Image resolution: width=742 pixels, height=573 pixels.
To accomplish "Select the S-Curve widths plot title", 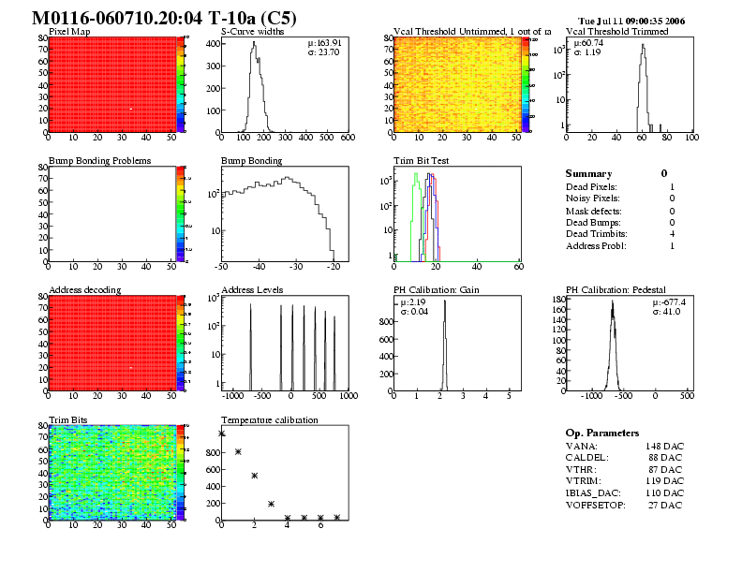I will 252,32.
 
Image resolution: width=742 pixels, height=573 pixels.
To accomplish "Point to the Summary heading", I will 588,173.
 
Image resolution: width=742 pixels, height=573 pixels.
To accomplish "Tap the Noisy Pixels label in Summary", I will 592,198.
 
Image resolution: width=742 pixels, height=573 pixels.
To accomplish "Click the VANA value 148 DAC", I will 664,446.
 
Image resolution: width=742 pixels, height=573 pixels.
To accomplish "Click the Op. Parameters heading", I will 602,433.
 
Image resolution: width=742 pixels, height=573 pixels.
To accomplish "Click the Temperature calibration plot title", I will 269,419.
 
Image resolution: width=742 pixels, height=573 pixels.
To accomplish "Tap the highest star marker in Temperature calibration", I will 222,433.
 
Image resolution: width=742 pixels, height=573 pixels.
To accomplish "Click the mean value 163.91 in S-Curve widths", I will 329,43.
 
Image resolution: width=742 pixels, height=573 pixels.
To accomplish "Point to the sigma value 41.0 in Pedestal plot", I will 671,311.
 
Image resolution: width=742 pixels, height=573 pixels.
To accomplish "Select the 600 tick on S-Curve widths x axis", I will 346,138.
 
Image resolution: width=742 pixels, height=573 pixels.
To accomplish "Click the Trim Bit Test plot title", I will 422,161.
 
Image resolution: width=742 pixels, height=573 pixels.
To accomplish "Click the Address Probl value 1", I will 673,245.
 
